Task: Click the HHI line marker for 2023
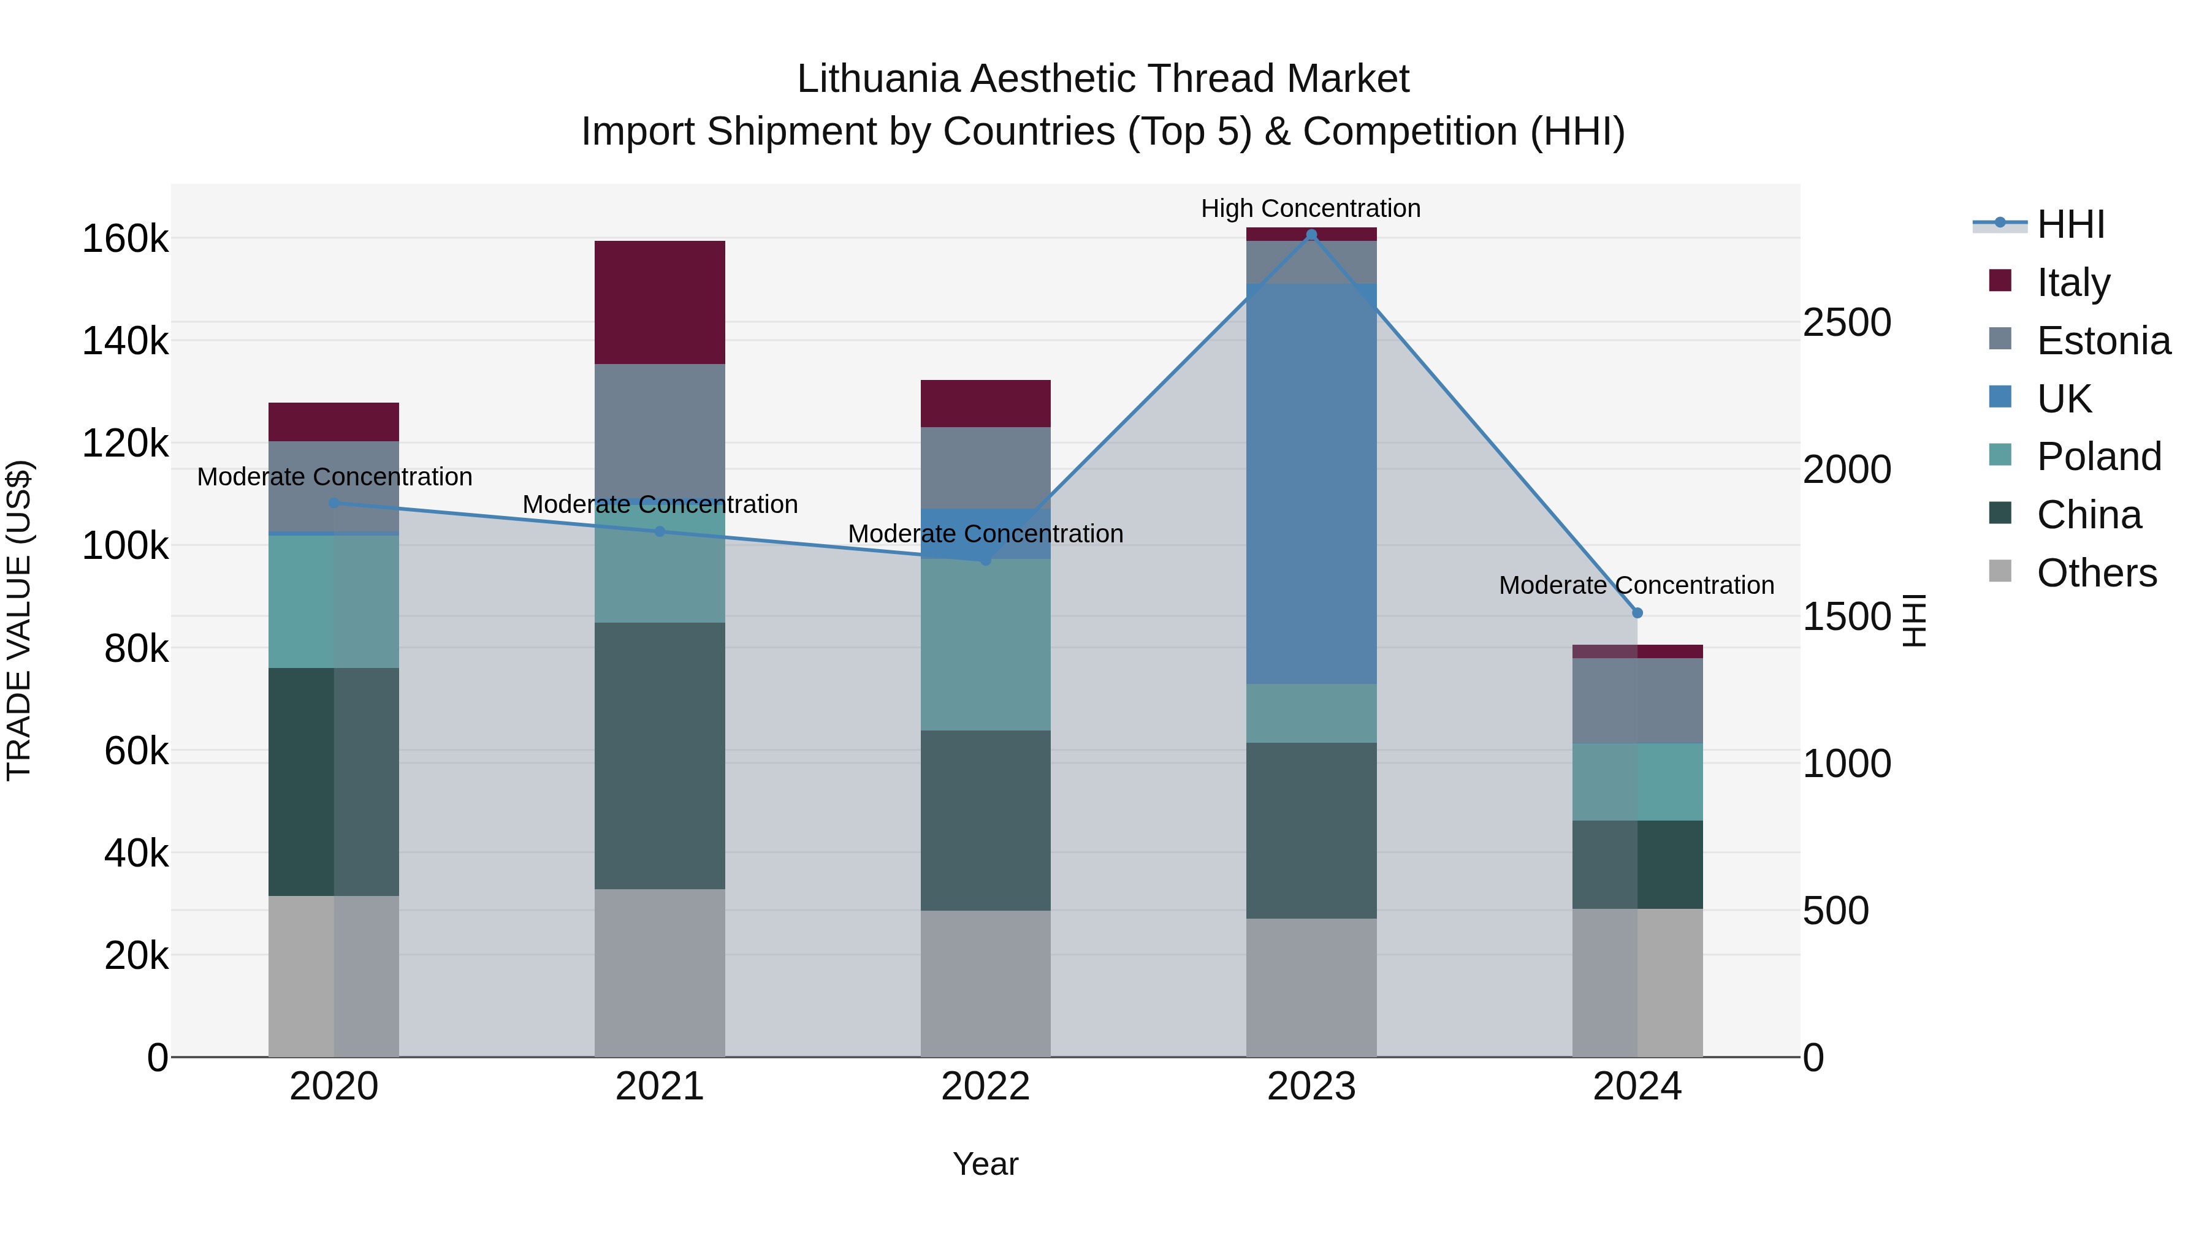point(1311,235)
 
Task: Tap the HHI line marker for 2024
point(1637,613)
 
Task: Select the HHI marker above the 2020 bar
point(334,503)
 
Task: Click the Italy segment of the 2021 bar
point(660,302)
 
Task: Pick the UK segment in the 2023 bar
point(1311,484)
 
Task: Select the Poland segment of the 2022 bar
point(985,645)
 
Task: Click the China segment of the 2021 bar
point(660,756)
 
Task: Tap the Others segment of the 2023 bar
point(1311,987)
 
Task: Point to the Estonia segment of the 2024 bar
point(1637,700)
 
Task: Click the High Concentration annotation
point(1311,208)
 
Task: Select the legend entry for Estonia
point(2103,341)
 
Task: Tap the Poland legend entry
point(2098,457)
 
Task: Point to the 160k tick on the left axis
point(125,239)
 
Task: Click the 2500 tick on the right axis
point(1847,323)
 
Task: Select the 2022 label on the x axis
point(985,1087)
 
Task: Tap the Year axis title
point(985,1164)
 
